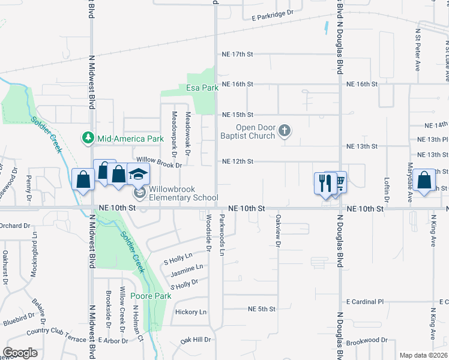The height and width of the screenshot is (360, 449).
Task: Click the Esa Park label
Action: tap(202, 88)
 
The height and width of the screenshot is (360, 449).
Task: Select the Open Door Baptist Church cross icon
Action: tap(285, 130)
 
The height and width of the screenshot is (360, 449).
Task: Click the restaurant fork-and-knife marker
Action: tap(325, 182)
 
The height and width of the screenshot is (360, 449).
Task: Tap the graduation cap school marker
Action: tap(138, 175)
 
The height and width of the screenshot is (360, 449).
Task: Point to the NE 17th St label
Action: tap(238, 54)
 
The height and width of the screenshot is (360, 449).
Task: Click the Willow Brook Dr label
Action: tap(150, 160)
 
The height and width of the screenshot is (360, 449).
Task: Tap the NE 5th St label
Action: tap(262, 309)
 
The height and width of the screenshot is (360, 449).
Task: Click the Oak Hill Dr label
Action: tap(196, 340)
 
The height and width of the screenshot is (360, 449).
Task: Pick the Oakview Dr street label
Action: tap(278, 230)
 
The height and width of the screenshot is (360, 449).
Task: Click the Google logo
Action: tap(20, 353)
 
